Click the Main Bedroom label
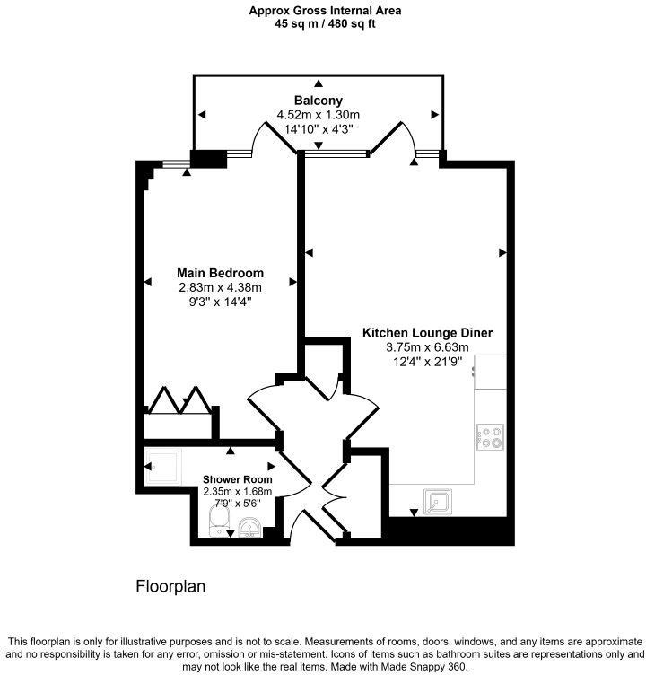[x=220, y=273]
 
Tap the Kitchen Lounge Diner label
[x=427, y=333]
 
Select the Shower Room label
[x=237, y=479]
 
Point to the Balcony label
[x=318, y=100]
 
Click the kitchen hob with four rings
[x=491, y=436]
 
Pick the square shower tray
[x=161, y=466]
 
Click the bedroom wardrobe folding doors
[x=179, y=400]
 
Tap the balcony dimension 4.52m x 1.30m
[x=318, y=115]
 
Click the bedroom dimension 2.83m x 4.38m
[x=220, y=287]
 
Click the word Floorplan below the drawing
[x=170, y=587]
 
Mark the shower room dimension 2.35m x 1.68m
[x=237, y=491]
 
